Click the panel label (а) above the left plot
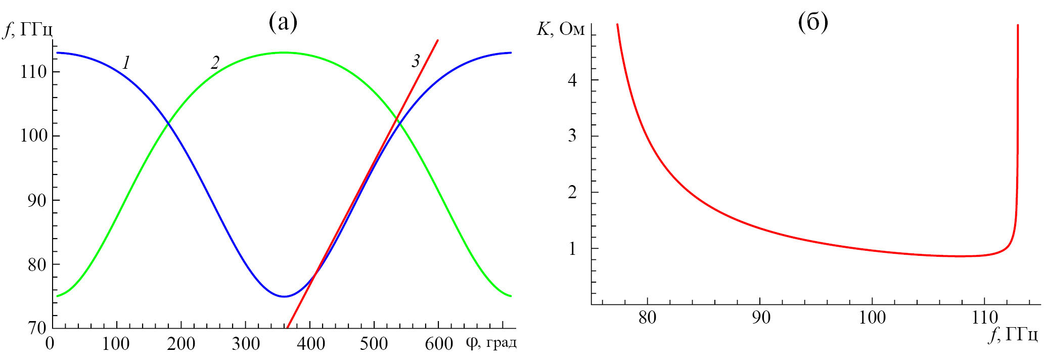[283, 23]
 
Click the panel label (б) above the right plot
[813, 23]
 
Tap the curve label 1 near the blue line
[126, 63]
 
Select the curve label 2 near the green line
[215, 63]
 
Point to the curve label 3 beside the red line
[416, 61]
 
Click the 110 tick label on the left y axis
[33, 72]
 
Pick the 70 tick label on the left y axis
[37, 328]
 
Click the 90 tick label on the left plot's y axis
[37, 200]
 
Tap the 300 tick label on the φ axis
[246, 344]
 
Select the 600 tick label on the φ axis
[439, 344]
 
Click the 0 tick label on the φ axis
[50, 344]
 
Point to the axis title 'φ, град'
[491, 343]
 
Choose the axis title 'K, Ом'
[560, 29]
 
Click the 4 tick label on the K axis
[572, 80]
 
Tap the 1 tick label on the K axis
[572, 249]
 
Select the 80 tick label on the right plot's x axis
[647, 318]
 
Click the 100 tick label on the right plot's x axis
[873, 318]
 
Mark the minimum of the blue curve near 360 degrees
[284, 296]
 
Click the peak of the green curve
[284, 52]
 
